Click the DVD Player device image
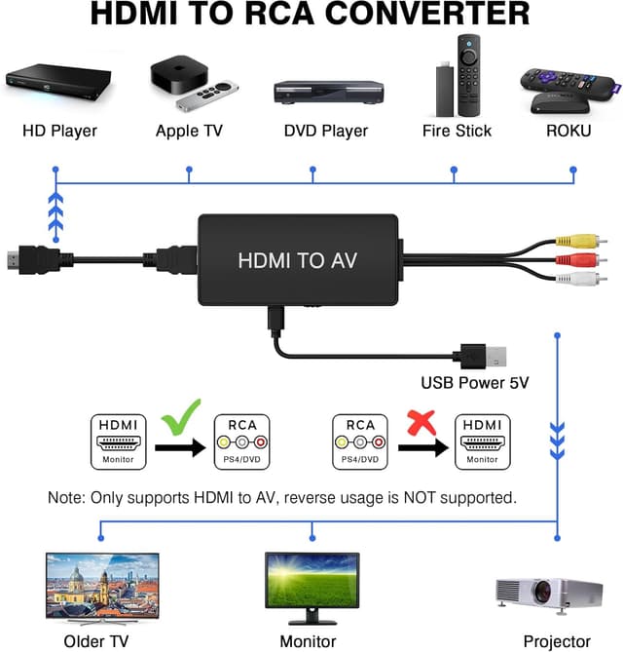point(325,92)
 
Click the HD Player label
point(58,131)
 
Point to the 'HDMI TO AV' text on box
point(296,260)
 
